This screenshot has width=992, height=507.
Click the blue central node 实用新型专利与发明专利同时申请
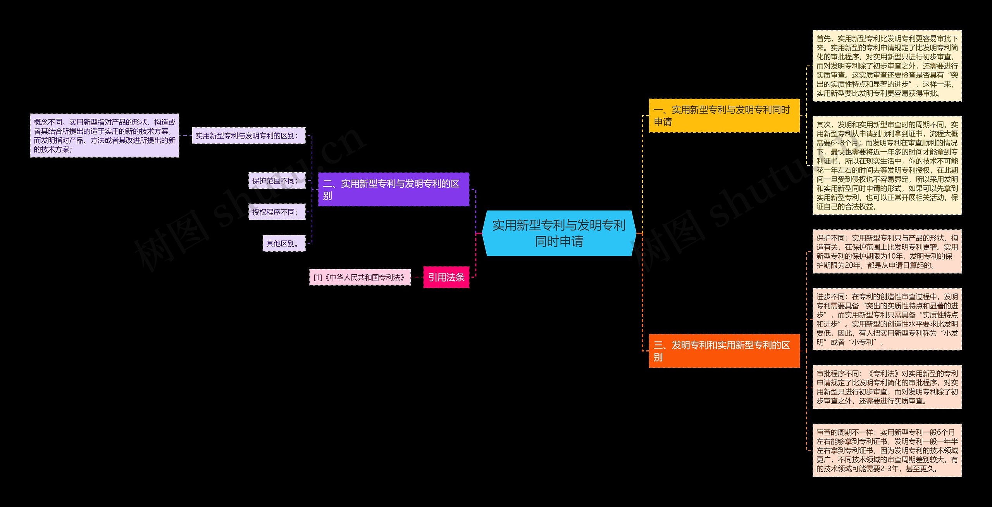(x=559, y=233)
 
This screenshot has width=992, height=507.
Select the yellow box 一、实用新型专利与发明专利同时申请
(x=724, y=116)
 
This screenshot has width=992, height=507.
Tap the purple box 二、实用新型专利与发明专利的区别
(x=393, y=189)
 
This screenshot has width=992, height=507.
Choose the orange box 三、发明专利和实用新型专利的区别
(x=724, y=351)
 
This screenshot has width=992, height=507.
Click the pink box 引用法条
(x=446, y=277)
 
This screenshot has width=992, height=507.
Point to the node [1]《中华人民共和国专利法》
(x=360, y=277)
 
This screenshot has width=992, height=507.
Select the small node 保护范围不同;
(x=277, y=181)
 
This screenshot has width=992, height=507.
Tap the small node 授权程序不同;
(x=277, y=212)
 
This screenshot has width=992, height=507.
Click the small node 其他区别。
(x=284, y=243)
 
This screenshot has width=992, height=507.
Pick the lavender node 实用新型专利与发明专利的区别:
(x=248, y=135)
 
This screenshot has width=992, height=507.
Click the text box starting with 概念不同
(x=105, y=135)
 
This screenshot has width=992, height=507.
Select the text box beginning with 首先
(x=887, y=66)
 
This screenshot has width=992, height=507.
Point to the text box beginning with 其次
(x=887, y=165)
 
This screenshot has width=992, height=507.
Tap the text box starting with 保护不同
(x=887, y=251)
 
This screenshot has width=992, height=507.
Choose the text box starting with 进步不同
(x=887, y=319)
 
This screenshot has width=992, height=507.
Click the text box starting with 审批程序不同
(x=887, y=387)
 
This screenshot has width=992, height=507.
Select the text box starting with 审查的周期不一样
(x=887, y=450)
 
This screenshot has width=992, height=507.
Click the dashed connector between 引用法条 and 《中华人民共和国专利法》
(x=417, y=277)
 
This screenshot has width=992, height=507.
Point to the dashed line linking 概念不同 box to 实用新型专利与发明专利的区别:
(x=185, y=135)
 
